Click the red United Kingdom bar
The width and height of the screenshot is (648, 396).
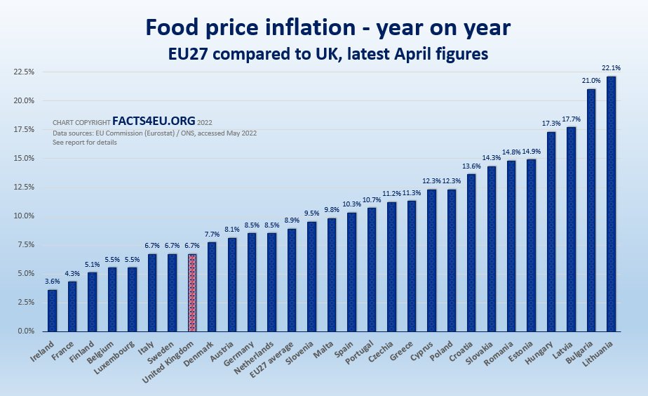tap(192, 292)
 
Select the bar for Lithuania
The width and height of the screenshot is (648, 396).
tap(611, 204)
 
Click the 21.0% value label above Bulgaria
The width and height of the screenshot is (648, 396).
tap(590, 81)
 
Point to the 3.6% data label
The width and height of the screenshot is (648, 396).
tap(52, 282)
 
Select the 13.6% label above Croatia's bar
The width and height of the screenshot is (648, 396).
tap(471, 166)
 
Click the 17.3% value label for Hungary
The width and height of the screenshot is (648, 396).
tap(551, 124)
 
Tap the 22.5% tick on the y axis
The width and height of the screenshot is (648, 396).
tap(24, 72)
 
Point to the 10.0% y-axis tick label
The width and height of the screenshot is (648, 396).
tap(24, 216)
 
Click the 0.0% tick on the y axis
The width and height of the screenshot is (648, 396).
tap(25, 331)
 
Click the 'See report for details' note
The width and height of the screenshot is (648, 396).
tap(84, 143)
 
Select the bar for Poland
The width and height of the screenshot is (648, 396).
tap(451, 260)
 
